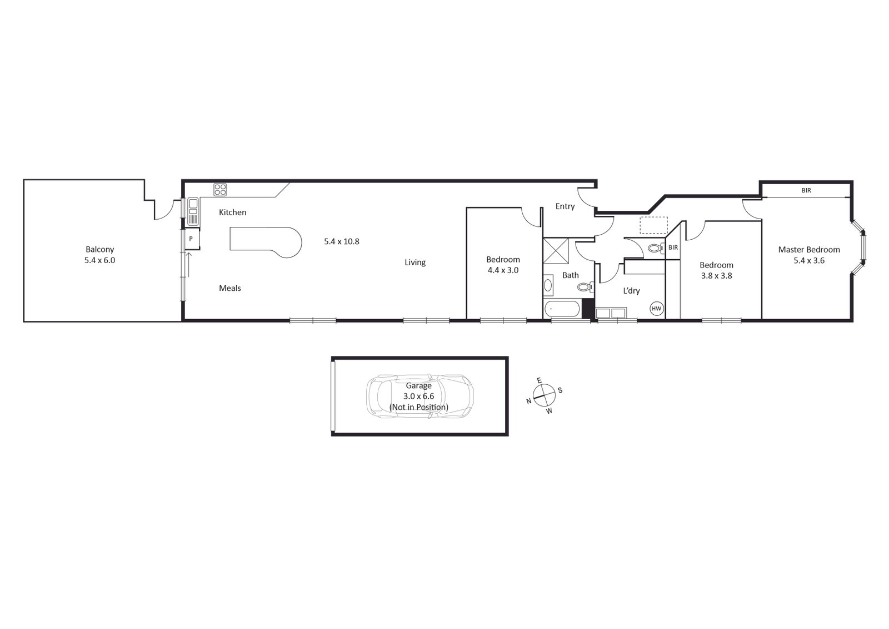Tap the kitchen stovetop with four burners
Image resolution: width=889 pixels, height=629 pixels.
221,189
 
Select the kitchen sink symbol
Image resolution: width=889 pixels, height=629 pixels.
193,211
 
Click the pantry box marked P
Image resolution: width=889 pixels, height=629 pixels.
191,239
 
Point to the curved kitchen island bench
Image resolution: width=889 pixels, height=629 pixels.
267,242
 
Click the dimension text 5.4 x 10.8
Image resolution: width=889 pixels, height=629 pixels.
342,241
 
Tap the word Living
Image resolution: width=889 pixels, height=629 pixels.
415,263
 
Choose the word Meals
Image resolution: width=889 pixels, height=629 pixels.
230,288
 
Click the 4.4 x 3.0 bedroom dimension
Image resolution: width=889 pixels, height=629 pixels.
503,270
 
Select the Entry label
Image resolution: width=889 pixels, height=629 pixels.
565,206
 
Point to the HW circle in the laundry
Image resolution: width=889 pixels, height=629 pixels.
656,308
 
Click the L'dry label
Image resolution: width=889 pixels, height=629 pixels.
631,290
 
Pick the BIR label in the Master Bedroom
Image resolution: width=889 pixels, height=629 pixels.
806,190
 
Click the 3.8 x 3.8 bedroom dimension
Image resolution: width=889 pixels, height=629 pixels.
716,275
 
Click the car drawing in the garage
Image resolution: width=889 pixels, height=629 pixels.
420,396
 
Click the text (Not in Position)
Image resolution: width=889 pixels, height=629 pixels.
419,407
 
